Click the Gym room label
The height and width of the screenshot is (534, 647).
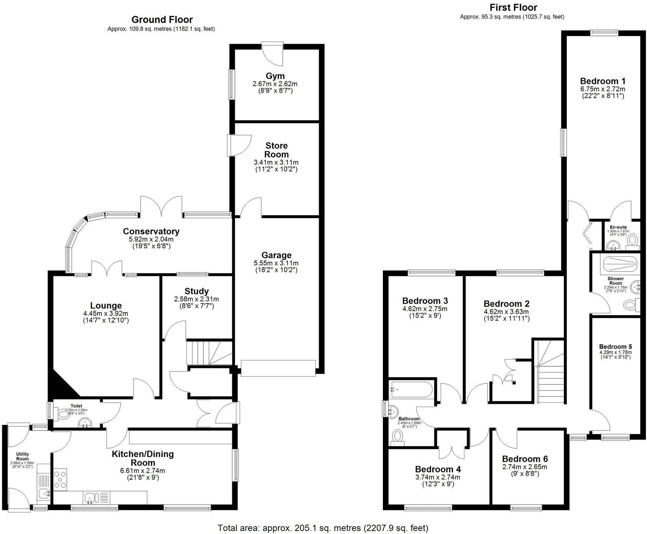pyautogui.click(x=276, y=76)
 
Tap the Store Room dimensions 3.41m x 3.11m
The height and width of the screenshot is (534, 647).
pyautogui.click(x=276, y=162)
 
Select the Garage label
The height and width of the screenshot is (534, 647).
pyautogui.click(x=276, y=255)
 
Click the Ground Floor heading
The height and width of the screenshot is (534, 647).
pyautogui.click(x=162, y=19)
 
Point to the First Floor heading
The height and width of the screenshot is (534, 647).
pyautogui.click(x=513, y=7)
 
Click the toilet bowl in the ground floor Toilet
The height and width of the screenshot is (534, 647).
pyautogui.click(x=63, y=414)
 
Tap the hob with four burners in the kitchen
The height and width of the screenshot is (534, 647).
pyautogui.click(x=60, y=479)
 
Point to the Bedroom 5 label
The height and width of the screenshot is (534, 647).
pyautogui.click(x=615, y=347)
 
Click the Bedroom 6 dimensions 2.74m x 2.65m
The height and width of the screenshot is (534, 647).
pyautogui.click(x=525, y=467)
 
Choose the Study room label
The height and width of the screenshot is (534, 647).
pyautogui.click(x=196, y=291)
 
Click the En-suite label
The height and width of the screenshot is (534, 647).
pyautogui.click(x=618, y=227)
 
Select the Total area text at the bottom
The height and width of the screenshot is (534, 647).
pyautogui.click(x=323, y=528)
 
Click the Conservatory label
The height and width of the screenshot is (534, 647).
pyautogui.click(x=151, y=231)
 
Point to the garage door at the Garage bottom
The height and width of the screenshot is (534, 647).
pyautogui.click(x=278, y=368)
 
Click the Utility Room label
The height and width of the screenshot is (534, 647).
pyautogui.click(x=22, y=456)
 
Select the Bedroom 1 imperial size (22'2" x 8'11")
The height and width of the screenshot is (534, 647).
pyautogui.click(x=602, y=96)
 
